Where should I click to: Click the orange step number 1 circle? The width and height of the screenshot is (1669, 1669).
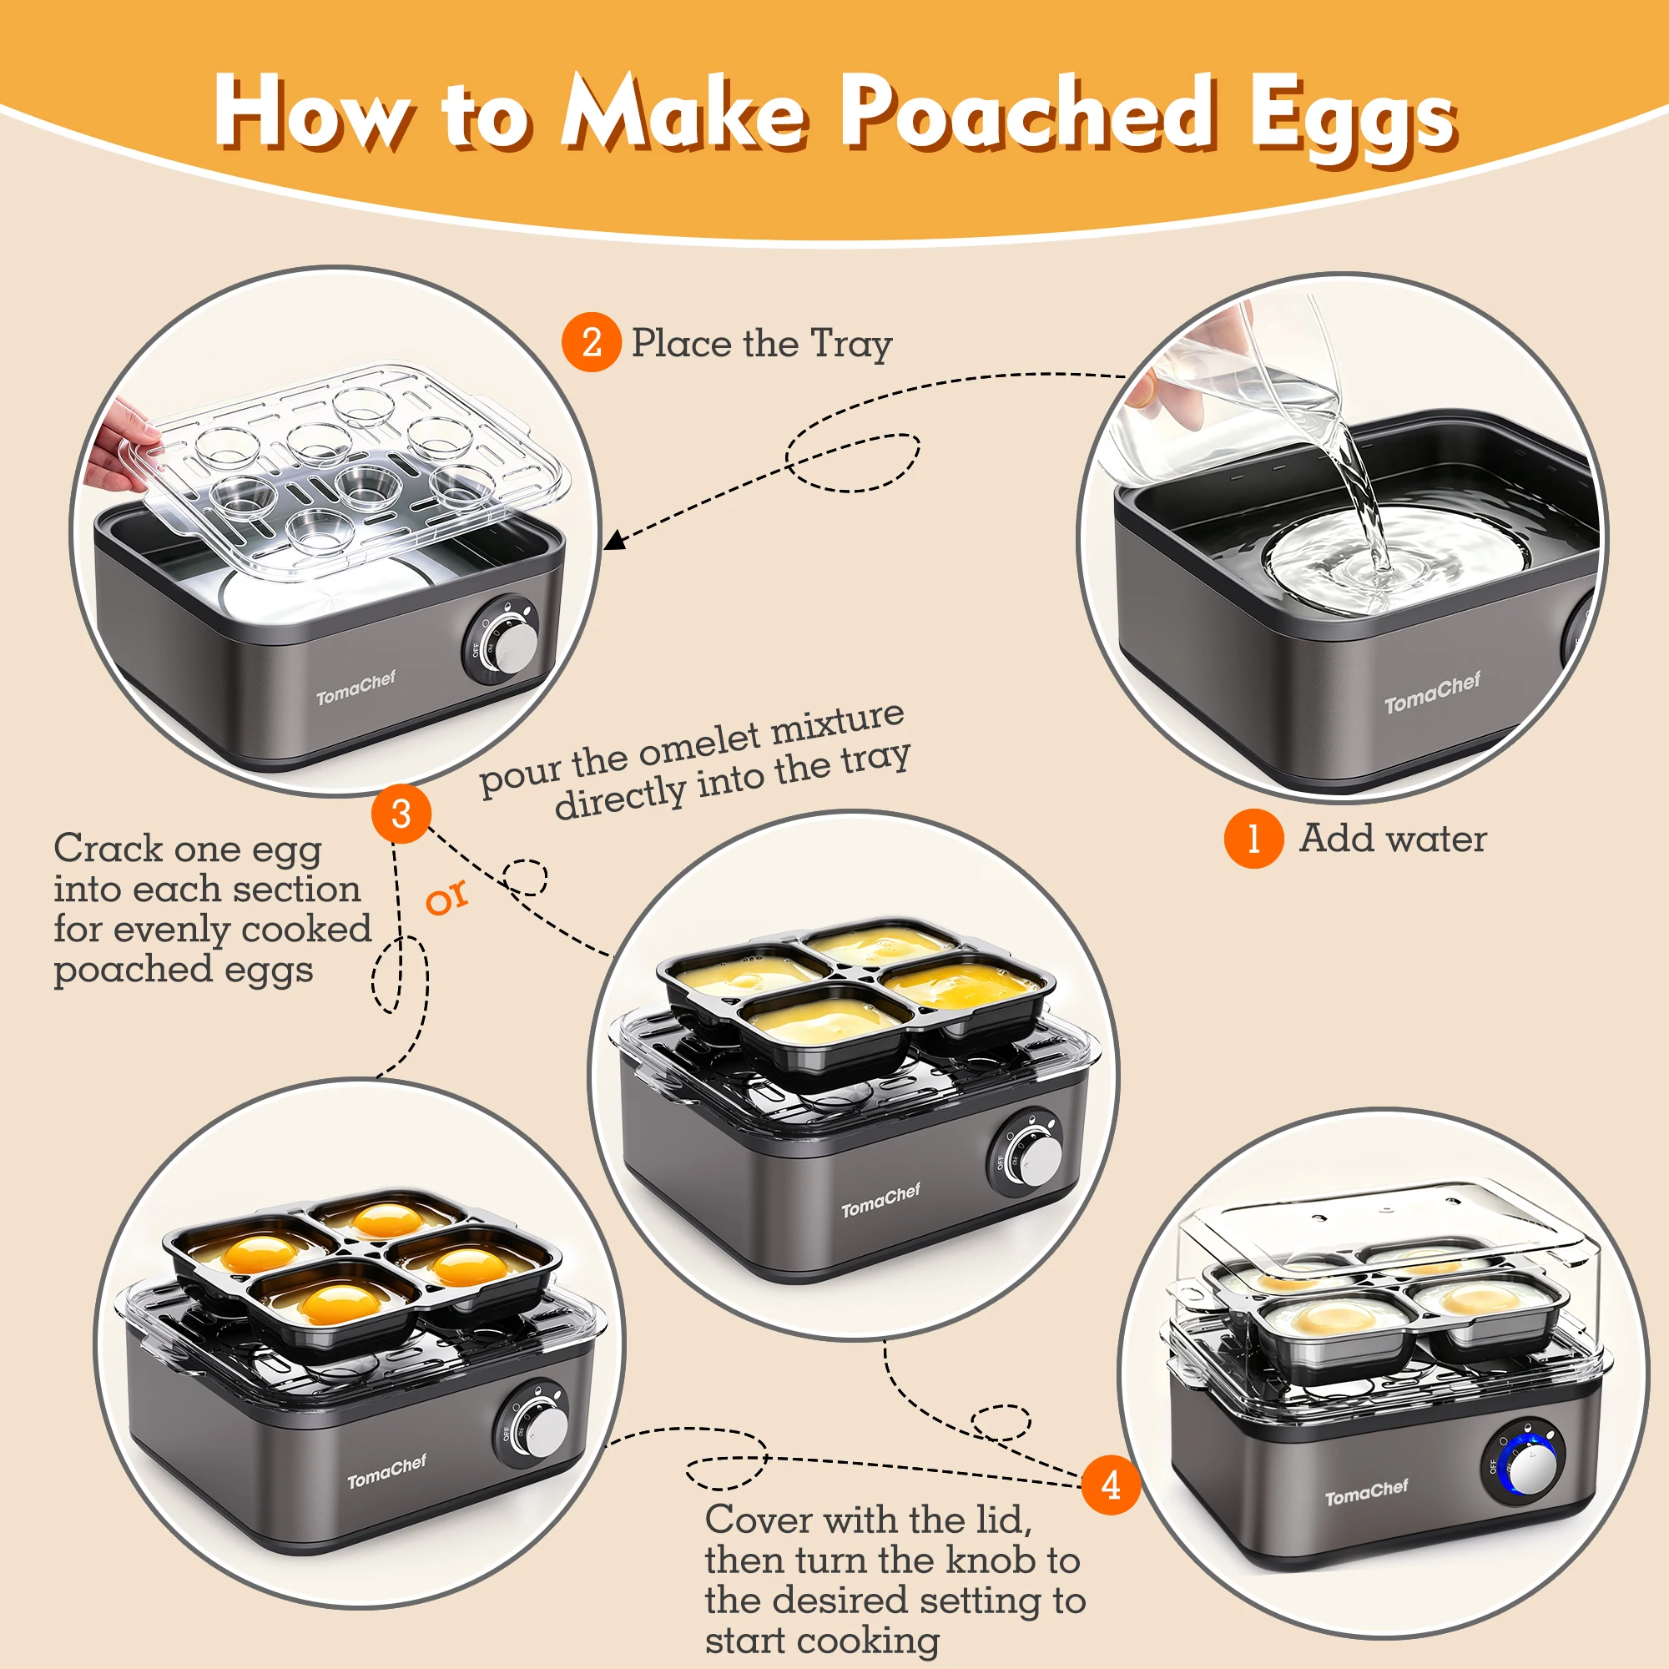[x=1253, y=838]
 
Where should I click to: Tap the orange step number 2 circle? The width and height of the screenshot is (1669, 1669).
[x=592, y=342]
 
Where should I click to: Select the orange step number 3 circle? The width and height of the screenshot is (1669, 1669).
[x=401, y=814]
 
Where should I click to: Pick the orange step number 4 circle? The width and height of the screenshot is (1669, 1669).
[x=1111, y=1485]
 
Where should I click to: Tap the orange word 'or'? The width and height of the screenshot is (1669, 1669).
[x=446, y=898]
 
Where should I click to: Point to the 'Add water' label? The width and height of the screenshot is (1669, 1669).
[x=1393, y=838]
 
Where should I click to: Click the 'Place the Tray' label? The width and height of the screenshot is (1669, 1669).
[x=761, y=344]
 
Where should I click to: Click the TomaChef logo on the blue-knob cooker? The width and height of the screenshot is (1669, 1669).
[x=1367, y=1492]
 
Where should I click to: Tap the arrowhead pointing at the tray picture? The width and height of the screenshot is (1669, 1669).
[x=613, y=540]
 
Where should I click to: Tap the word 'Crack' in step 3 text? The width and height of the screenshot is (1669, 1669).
[x=108, y=848]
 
